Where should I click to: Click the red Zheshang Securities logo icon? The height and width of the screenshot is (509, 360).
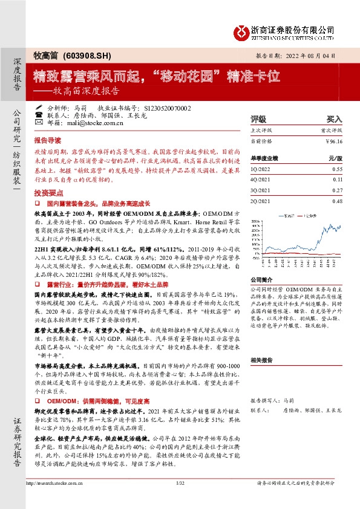coord(241,31)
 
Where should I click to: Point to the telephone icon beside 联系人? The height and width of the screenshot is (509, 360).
coord(39,115)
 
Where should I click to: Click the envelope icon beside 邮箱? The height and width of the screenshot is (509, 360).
coord(39,123)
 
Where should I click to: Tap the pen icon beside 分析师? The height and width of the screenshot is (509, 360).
coord(39,108)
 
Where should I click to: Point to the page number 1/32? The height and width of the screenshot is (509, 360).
coord(179,500)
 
